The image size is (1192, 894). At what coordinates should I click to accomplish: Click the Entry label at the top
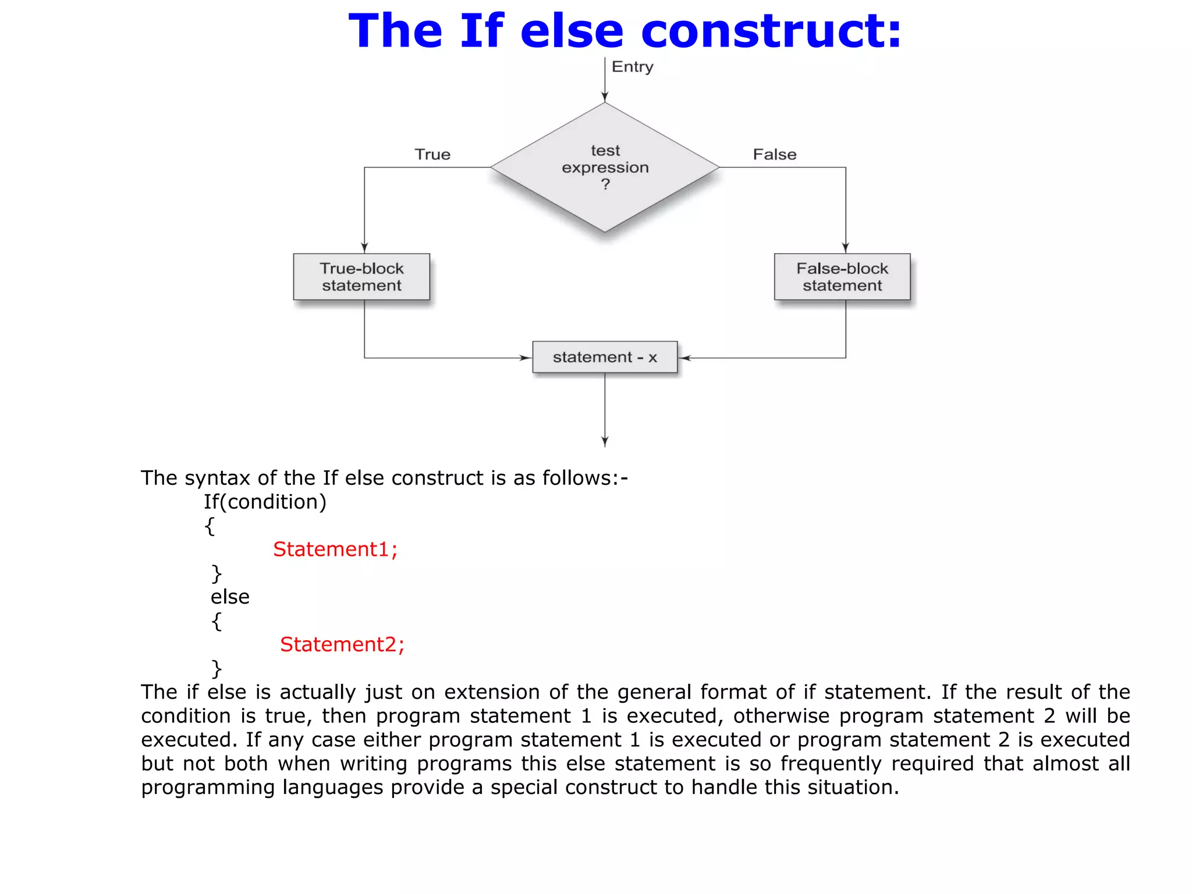(x=632, y=67)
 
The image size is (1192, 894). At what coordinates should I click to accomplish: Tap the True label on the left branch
(x=432, y=154)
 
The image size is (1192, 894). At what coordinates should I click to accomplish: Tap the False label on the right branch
(x=774, y=154)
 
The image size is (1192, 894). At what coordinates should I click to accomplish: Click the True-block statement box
(x=361, y=276)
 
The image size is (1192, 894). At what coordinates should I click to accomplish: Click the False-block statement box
(x=842, y=276)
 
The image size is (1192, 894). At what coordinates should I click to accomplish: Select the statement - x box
(x=605, y=357)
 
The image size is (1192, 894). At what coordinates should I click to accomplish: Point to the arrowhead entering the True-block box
(x=364, y=248)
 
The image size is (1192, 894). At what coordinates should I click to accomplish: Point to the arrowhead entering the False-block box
(x=846, y=248)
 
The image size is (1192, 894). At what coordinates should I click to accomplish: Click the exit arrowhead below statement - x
(x=605, y=442)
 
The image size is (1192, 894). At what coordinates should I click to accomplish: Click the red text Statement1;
(x=335, y=549)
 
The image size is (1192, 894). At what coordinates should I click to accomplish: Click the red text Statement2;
(x=342, y=644)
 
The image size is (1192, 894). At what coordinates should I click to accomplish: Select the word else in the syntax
(x=230, y=597)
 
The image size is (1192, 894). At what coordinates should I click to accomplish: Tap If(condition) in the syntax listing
(x=265, y=502)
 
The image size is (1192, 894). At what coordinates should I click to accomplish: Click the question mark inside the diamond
(x=605, y=185)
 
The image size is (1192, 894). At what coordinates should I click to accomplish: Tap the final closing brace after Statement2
(x=217, y=669)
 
